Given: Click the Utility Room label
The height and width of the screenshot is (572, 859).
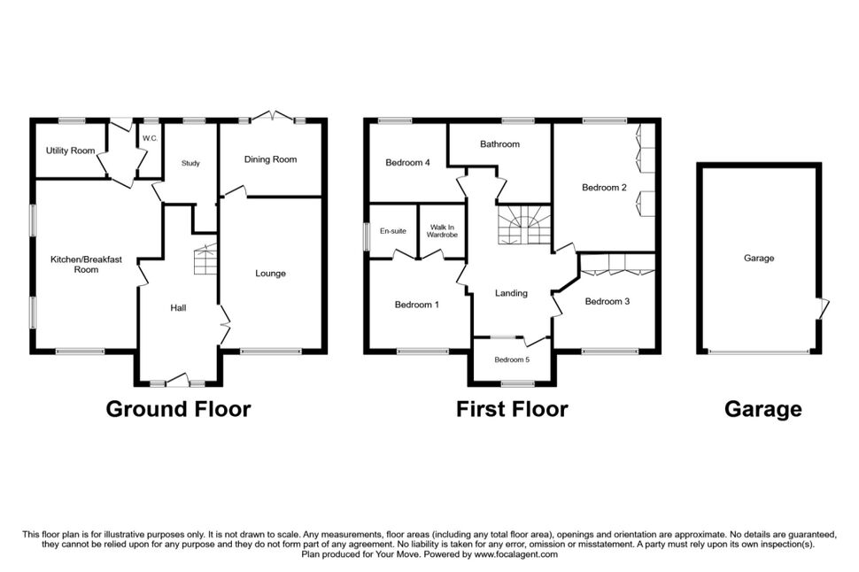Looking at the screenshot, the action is pos(70,151).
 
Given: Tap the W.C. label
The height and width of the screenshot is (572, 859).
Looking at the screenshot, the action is pos(151,139).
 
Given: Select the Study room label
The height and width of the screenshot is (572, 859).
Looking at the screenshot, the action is pos(190,163).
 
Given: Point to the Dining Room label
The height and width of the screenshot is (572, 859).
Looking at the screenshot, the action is pos(271,159).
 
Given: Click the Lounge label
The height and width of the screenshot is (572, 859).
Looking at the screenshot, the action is pos(271,274).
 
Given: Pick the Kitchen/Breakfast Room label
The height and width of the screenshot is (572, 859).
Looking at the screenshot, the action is pos(86,264).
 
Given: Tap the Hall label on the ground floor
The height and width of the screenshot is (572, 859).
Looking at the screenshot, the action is pos(178,308).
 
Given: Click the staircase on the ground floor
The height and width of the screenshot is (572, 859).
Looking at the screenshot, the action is pos(205,259).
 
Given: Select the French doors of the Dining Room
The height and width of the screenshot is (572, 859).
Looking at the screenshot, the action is pos(272,117).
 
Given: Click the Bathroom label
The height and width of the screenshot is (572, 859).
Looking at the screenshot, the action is pos(499,144).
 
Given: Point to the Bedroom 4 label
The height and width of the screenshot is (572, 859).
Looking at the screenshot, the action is pos(407,162).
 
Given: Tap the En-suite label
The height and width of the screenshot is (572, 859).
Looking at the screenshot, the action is pos(393,231).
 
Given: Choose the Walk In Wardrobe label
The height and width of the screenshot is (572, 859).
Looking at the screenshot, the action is pos(442,231).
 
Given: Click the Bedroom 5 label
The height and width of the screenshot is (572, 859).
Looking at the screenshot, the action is pos(512,360).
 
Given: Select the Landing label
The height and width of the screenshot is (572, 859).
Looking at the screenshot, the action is pos(511,293).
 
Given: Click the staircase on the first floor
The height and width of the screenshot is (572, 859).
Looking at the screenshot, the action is pos(523,225).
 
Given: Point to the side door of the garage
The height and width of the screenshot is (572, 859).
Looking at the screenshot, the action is pos(823,308).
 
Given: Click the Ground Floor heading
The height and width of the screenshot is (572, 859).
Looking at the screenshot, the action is pos(178,409).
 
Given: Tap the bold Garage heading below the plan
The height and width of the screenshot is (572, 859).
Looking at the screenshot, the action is pos(763,409).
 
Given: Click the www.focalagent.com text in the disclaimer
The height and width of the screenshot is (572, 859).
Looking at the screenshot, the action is pos(516,554).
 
